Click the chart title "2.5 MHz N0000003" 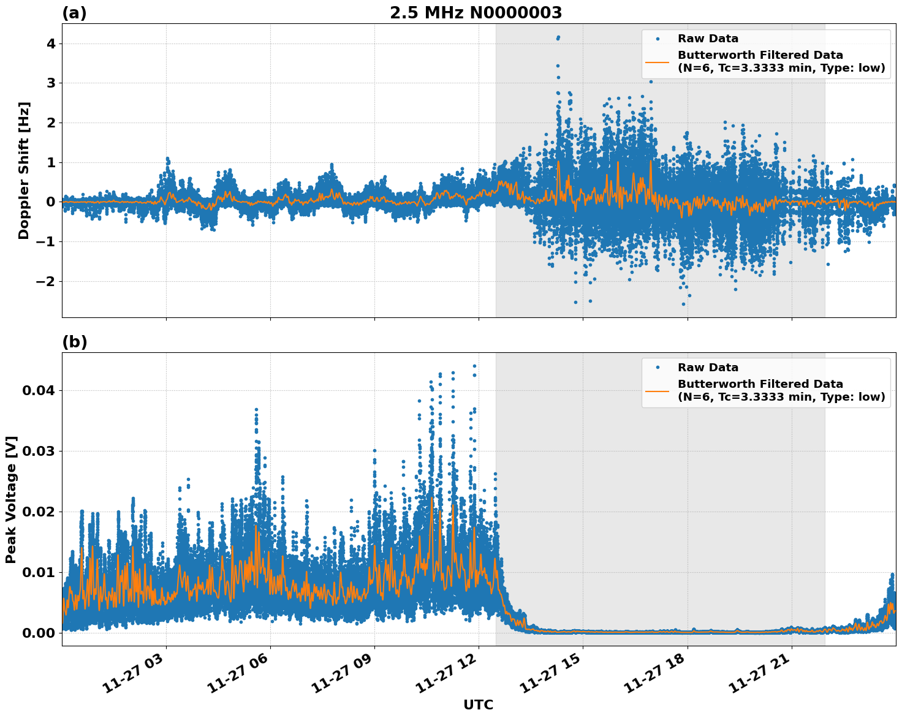(x=476, y=13)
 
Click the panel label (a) (x=74, y=13)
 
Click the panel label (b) (x=74, y=342)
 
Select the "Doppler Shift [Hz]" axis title (x=24, y=170)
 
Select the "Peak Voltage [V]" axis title (x=11, y=499)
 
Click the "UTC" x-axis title (x=478, y=705)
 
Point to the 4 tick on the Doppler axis (x=50, y=43)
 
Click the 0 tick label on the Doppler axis (x=50, y=202)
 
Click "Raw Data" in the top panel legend (x=708, y=39)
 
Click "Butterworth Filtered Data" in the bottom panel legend (x=760, y=384)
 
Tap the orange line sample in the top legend (x=657, y=62)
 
